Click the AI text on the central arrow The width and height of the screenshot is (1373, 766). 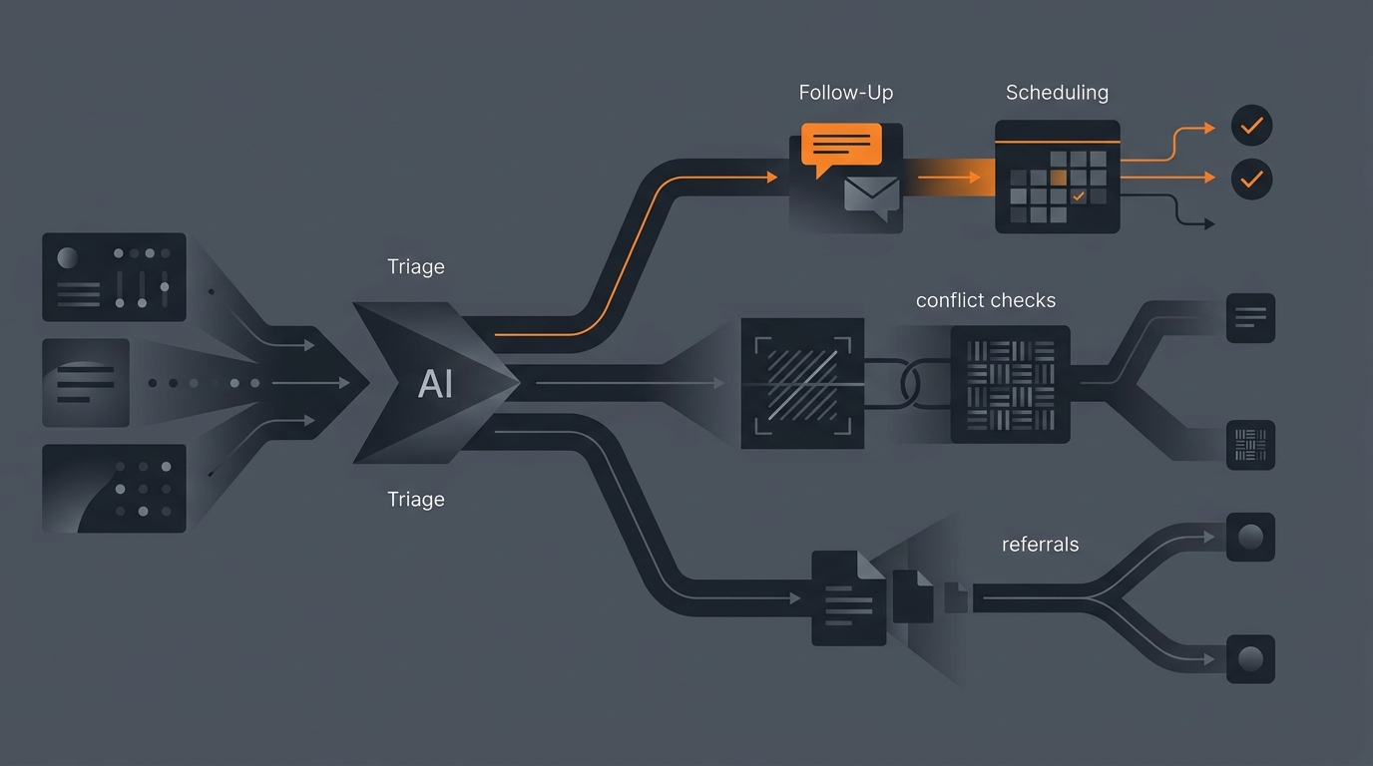[x=435, y=384]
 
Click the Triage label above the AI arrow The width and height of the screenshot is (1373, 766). [x=416, y=266]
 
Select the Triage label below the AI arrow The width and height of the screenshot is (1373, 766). [x=416, y=500]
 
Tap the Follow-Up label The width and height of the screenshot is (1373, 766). [x=846, y=93]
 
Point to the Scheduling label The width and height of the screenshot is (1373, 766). [x=1058, y=93]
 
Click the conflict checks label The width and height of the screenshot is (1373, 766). [x=986, y=300]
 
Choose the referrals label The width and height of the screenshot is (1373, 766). [x=1040, y=545]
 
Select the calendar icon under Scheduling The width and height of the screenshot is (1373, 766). [x=1058, y=177]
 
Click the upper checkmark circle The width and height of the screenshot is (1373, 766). [x=1251, y=126]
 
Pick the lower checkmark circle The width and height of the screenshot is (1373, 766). [x=1251, y=179]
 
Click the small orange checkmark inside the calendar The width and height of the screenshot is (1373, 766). [x=1079, y=196]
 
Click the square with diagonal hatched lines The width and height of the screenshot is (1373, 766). [x=802, y=383]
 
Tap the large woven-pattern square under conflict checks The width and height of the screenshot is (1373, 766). [x=1010, y=384]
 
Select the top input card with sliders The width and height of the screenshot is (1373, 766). [x=114, y=277]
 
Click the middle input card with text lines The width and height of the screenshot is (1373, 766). [x=86, y=383]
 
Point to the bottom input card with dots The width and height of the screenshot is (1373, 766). [x=114, y=489]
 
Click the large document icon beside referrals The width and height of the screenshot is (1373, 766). [x=849, y=598]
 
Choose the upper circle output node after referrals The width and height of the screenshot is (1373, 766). [x=1250, y=537]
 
